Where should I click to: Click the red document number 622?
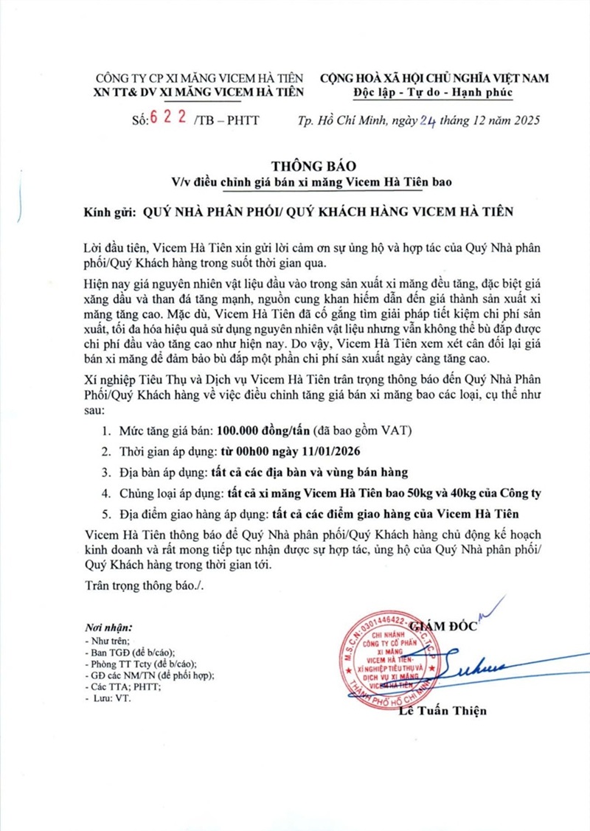167,119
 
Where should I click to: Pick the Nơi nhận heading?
108,627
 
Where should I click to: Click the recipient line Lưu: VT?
111,698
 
